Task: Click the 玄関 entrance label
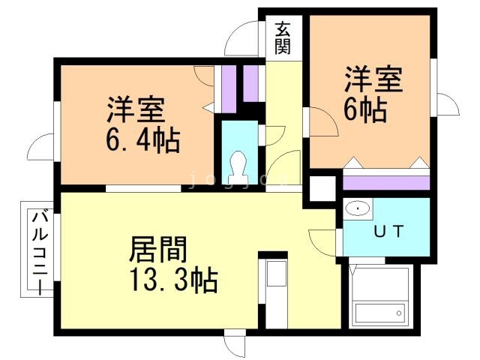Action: point(283,37)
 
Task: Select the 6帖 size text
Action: point(365,110)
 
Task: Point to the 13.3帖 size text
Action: point(173,280)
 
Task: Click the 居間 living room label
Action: point(158,249)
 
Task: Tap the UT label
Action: point(388,232)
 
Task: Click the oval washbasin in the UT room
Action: point(358,208)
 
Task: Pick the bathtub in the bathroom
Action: point(381,313)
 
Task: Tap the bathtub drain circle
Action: point(399,313)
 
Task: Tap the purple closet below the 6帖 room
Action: point(386,183)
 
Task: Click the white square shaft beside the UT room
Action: point(323,188)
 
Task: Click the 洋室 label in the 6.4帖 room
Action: point(136,109)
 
